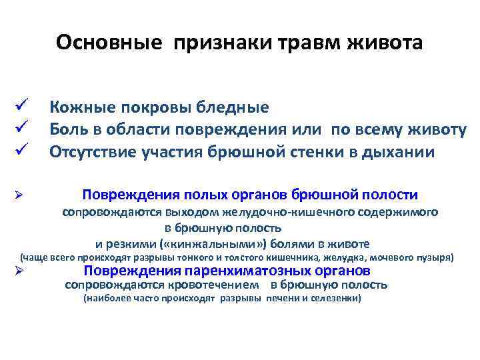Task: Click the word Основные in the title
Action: tap(109, 42)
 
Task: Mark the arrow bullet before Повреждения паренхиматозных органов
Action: tap(21, 271)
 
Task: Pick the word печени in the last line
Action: tap(282, 299)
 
